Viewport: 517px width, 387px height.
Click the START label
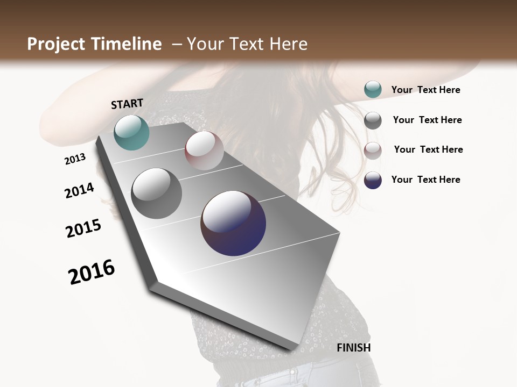(x=127, y=104)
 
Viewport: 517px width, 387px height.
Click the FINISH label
(x=353, y=348)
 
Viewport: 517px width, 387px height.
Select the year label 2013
(x=75, y=159)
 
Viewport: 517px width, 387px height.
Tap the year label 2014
(x=80, y=190)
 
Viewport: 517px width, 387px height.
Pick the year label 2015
(x=83, y=228)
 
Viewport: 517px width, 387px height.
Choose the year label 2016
(x=92, y=272)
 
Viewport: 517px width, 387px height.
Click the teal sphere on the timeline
(x=132, y=132)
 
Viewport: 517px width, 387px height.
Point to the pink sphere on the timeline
(x=204, y=150)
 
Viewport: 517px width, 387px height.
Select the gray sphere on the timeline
(x=157, y=193)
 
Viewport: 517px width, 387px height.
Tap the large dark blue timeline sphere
(x=233, y=223)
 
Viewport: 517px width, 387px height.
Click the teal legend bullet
(x=373, y=90)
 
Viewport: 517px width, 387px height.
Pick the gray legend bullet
(x=373, y=120)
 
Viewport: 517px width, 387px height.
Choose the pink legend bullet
(x=373, y=150)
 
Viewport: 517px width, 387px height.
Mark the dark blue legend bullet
(x=373, y=180)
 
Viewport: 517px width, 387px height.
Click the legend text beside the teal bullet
(x=425, y=90)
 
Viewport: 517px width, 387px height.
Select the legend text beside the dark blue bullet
(x=425, y=180)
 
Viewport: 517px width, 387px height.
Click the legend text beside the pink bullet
(x=428, y=149)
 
